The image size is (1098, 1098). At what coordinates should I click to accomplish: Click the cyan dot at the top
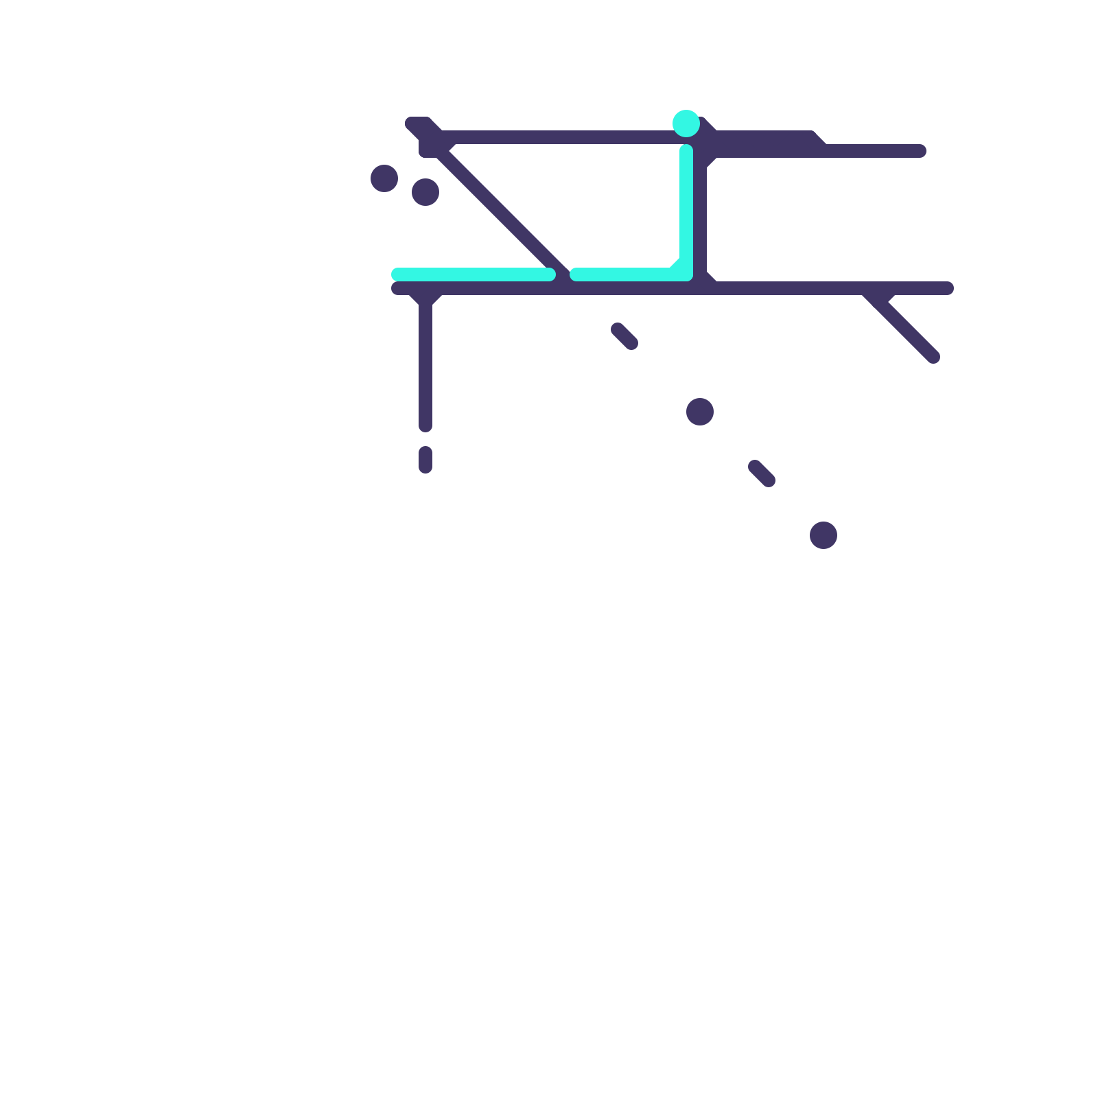click(x=686, y=124)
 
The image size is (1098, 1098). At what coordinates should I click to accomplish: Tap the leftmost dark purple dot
click(x=384, y=178)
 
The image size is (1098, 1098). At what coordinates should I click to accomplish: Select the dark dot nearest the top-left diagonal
click(x=425, y=192)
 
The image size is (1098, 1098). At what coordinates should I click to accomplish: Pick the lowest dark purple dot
click(x=823, y=535)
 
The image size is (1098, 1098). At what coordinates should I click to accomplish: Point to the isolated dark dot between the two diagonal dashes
click(x=700, y=412)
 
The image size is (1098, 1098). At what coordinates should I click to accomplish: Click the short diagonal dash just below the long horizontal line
click(x=624, y=336)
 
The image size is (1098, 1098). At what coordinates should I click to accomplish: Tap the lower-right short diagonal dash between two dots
click(x=762, y=474)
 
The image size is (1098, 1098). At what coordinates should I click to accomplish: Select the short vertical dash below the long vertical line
click(x=425, y=460)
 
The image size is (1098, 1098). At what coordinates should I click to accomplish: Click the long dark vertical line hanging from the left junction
click(x=425, y=364)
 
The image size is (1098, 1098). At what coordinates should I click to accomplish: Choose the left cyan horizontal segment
click(x=474, y=274)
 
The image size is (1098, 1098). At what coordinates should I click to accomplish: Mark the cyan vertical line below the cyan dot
click(x=686, y=206)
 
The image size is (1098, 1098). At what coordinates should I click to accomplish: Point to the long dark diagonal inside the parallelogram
click(x=501, y=213)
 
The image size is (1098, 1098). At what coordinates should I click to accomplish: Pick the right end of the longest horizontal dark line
click(x=947, y=288)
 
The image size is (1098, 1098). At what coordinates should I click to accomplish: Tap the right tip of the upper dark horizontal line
click(x=920, y=151)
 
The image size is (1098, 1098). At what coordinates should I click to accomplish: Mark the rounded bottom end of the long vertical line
click(x=425, y=426)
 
